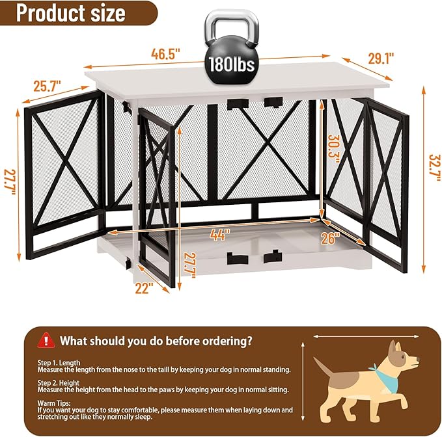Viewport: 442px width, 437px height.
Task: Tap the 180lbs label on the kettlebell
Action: coord(231,65)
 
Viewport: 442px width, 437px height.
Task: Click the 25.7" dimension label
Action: coord(46,85)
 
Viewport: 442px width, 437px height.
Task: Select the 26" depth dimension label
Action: coord(330,238)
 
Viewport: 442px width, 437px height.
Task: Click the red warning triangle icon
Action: coord(46,339)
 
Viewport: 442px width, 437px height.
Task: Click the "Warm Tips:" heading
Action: coord(55,403)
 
